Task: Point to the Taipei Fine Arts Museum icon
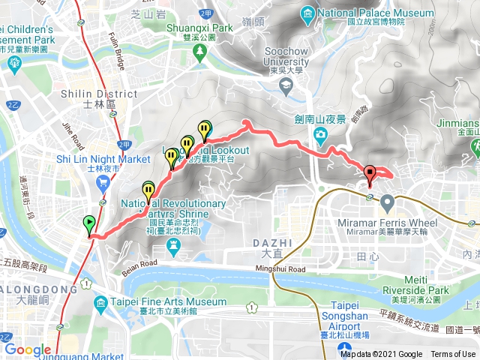[100, 302]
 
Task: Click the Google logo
[28, 349]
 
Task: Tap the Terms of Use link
[453, 354]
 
